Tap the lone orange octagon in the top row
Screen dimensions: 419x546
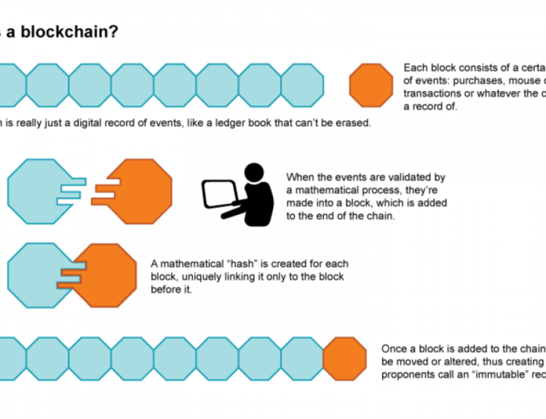371,86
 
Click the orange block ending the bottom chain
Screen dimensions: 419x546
345,359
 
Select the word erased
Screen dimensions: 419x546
354,123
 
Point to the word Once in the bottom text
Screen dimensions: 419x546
394,349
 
